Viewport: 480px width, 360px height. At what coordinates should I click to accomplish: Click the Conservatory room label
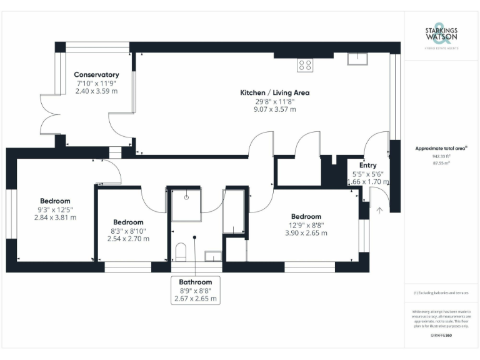point(96,74)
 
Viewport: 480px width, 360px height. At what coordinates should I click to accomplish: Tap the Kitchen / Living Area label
point(275,92)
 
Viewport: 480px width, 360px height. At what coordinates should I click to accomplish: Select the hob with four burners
point(306,63)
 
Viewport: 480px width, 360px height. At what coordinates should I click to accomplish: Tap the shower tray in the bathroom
point(186,204)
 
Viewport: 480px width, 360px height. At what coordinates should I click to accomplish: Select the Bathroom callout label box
point(195,290)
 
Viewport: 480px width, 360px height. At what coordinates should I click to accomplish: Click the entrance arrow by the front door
point(379,211)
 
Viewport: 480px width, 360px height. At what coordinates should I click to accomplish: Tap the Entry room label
point(368,166)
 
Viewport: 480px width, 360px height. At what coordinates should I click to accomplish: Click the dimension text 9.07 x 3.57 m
point(275,109)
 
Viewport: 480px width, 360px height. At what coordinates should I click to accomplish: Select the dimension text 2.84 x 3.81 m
point(55,217)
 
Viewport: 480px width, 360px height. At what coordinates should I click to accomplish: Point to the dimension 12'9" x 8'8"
point(306,225)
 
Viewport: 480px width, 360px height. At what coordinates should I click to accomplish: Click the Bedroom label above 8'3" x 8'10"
point(128,222)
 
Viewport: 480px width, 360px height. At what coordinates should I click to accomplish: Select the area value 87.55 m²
point(441,163)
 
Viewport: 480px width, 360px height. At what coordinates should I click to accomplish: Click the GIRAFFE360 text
point(441,336)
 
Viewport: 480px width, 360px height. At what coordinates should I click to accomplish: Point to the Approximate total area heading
point(441,148)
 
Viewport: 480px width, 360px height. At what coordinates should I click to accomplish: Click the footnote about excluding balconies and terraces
point(441,293)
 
